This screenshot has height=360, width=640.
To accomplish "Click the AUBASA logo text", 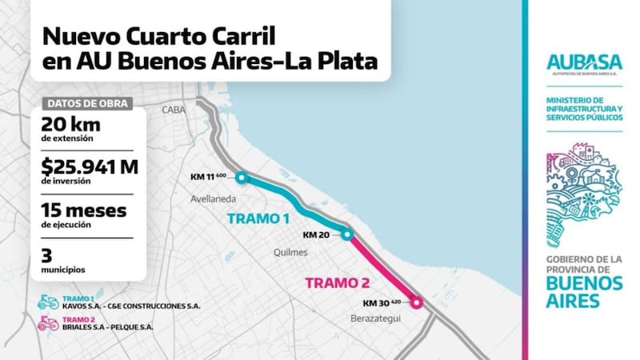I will pos(585,62).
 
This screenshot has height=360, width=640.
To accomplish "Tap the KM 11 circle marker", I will pos(242,178).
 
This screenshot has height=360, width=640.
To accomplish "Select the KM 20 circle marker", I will pos(346,234).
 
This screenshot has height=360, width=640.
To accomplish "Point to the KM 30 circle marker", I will pos(416,302).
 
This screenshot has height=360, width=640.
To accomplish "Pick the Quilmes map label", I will pos(291,253).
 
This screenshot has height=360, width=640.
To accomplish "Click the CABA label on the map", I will pos(173,110).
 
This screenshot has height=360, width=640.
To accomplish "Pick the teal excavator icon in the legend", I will pos(48,302).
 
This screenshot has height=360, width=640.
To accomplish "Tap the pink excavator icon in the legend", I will pos(48,323).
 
